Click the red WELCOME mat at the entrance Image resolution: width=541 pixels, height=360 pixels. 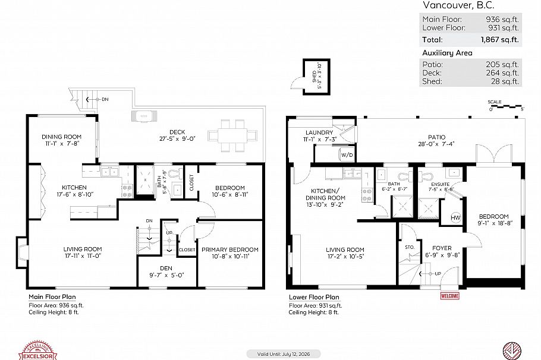[451, 295]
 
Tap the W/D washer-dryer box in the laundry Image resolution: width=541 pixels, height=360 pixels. [347, 154]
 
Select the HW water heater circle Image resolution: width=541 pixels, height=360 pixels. [457, 217]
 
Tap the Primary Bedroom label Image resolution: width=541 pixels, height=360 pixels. [229, 249]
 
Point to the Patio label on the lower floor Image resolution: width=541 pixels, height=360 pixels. [436, 137]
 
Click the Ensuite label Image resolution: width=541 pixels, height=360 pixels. [439, 185]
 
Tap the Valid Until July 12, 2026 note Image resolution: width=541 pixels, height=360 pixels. [284, 353]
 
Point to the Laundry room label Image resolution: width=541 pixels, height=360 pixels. [319, 132]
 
